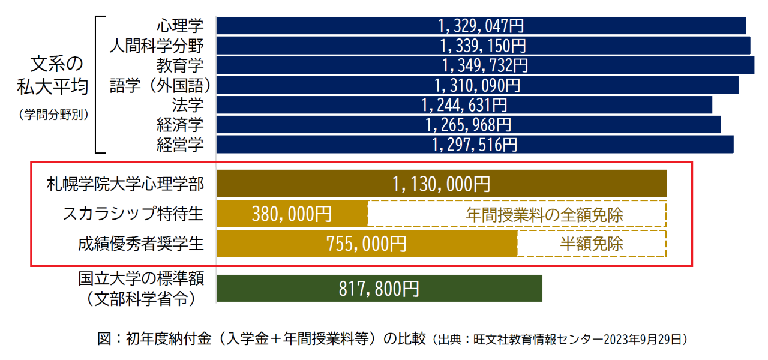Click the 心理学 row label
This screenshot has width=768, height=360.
(180, 26)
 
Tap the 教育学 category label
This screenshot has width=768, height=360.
(180, 65)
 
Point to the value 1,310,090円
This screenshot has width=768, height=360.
(477, 85)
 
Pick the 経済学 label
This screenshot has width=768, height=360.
(180, 125)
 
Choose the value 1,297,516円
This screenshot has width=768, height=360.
(474, 145)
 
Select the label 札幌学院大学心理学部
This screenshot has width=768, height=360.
(125, 184)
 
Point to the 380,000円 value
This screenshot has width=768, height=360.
(292, 214)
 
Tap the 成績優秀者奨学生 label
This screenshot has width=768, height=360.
(140, 244)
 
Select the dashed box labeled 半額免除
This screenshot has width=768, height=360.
(592, 244)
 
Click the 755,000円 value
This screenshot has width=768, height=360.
(366, 244)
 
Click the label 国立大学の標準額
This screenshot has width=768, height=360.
(142, 279)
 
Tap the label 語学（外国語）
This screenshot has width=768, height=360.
(160, 85)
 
